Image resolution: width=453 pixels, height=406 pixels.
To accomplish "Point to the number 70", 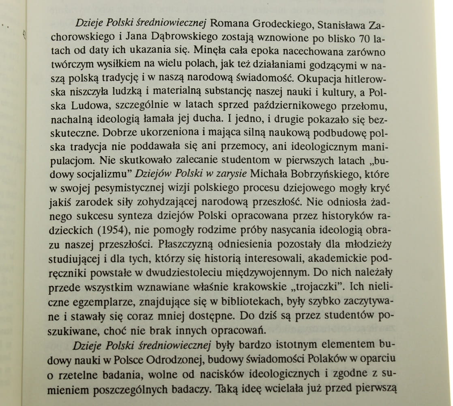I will point(365,39).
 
